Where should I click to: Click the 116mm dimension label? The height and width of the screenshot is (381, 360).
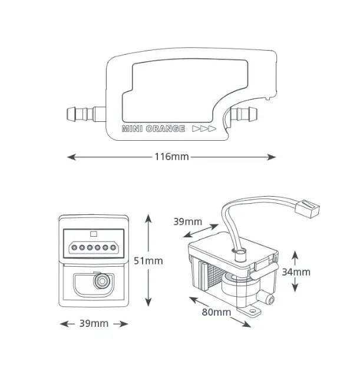[x=172, y=157]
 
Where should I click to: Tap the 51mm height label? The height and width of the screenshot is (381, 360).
[x=148, y=261]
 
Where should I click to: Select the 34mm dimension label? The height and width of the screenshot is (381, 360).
[x=296, y=272]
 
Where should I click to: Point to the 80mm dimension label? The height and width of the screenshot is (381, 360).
[x=216, y=312]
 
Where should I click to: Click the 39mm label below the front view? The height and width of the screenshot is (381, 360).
[x=94, y=323]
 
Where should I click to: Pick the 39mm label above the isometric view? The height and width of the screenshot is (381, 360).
[x=187, y=221]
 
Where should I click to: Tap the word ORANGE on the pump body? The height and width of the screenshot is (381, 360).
[x=166, y=128]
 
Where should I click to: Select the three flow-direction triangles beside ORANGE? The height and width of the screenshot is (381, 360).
[x=204, y=128]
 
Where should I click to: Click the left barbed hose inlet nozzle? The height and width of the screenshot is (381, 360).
[x=86, y=114]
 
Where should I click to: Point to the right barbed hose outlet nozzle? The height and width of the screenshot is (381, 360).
[x=243, y=114]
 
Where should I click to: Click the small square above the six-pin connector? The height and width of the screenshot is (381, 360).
[x=94, y=234]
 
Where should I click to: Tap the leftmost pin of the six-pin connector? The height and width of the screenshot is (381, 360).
[x=74, y=247]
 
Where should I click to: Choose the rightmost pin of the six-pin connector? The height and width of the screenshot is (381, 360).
[x=113, y=247]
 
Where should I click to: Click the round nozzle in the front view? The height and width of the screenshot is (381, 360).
[x=102, y=281]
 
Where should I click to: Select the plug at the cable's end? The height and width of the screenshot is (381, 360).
[x=308, y=208]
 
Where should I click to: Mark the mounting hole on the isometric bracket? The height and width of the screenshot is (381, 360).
[x=253, y=311]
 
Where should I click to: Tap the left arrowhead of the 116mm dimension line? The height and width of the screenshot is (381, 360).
[x=71, y=157]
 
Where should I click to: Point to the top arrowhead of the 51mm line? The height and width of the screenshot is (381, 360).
[x=148, y=219]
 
